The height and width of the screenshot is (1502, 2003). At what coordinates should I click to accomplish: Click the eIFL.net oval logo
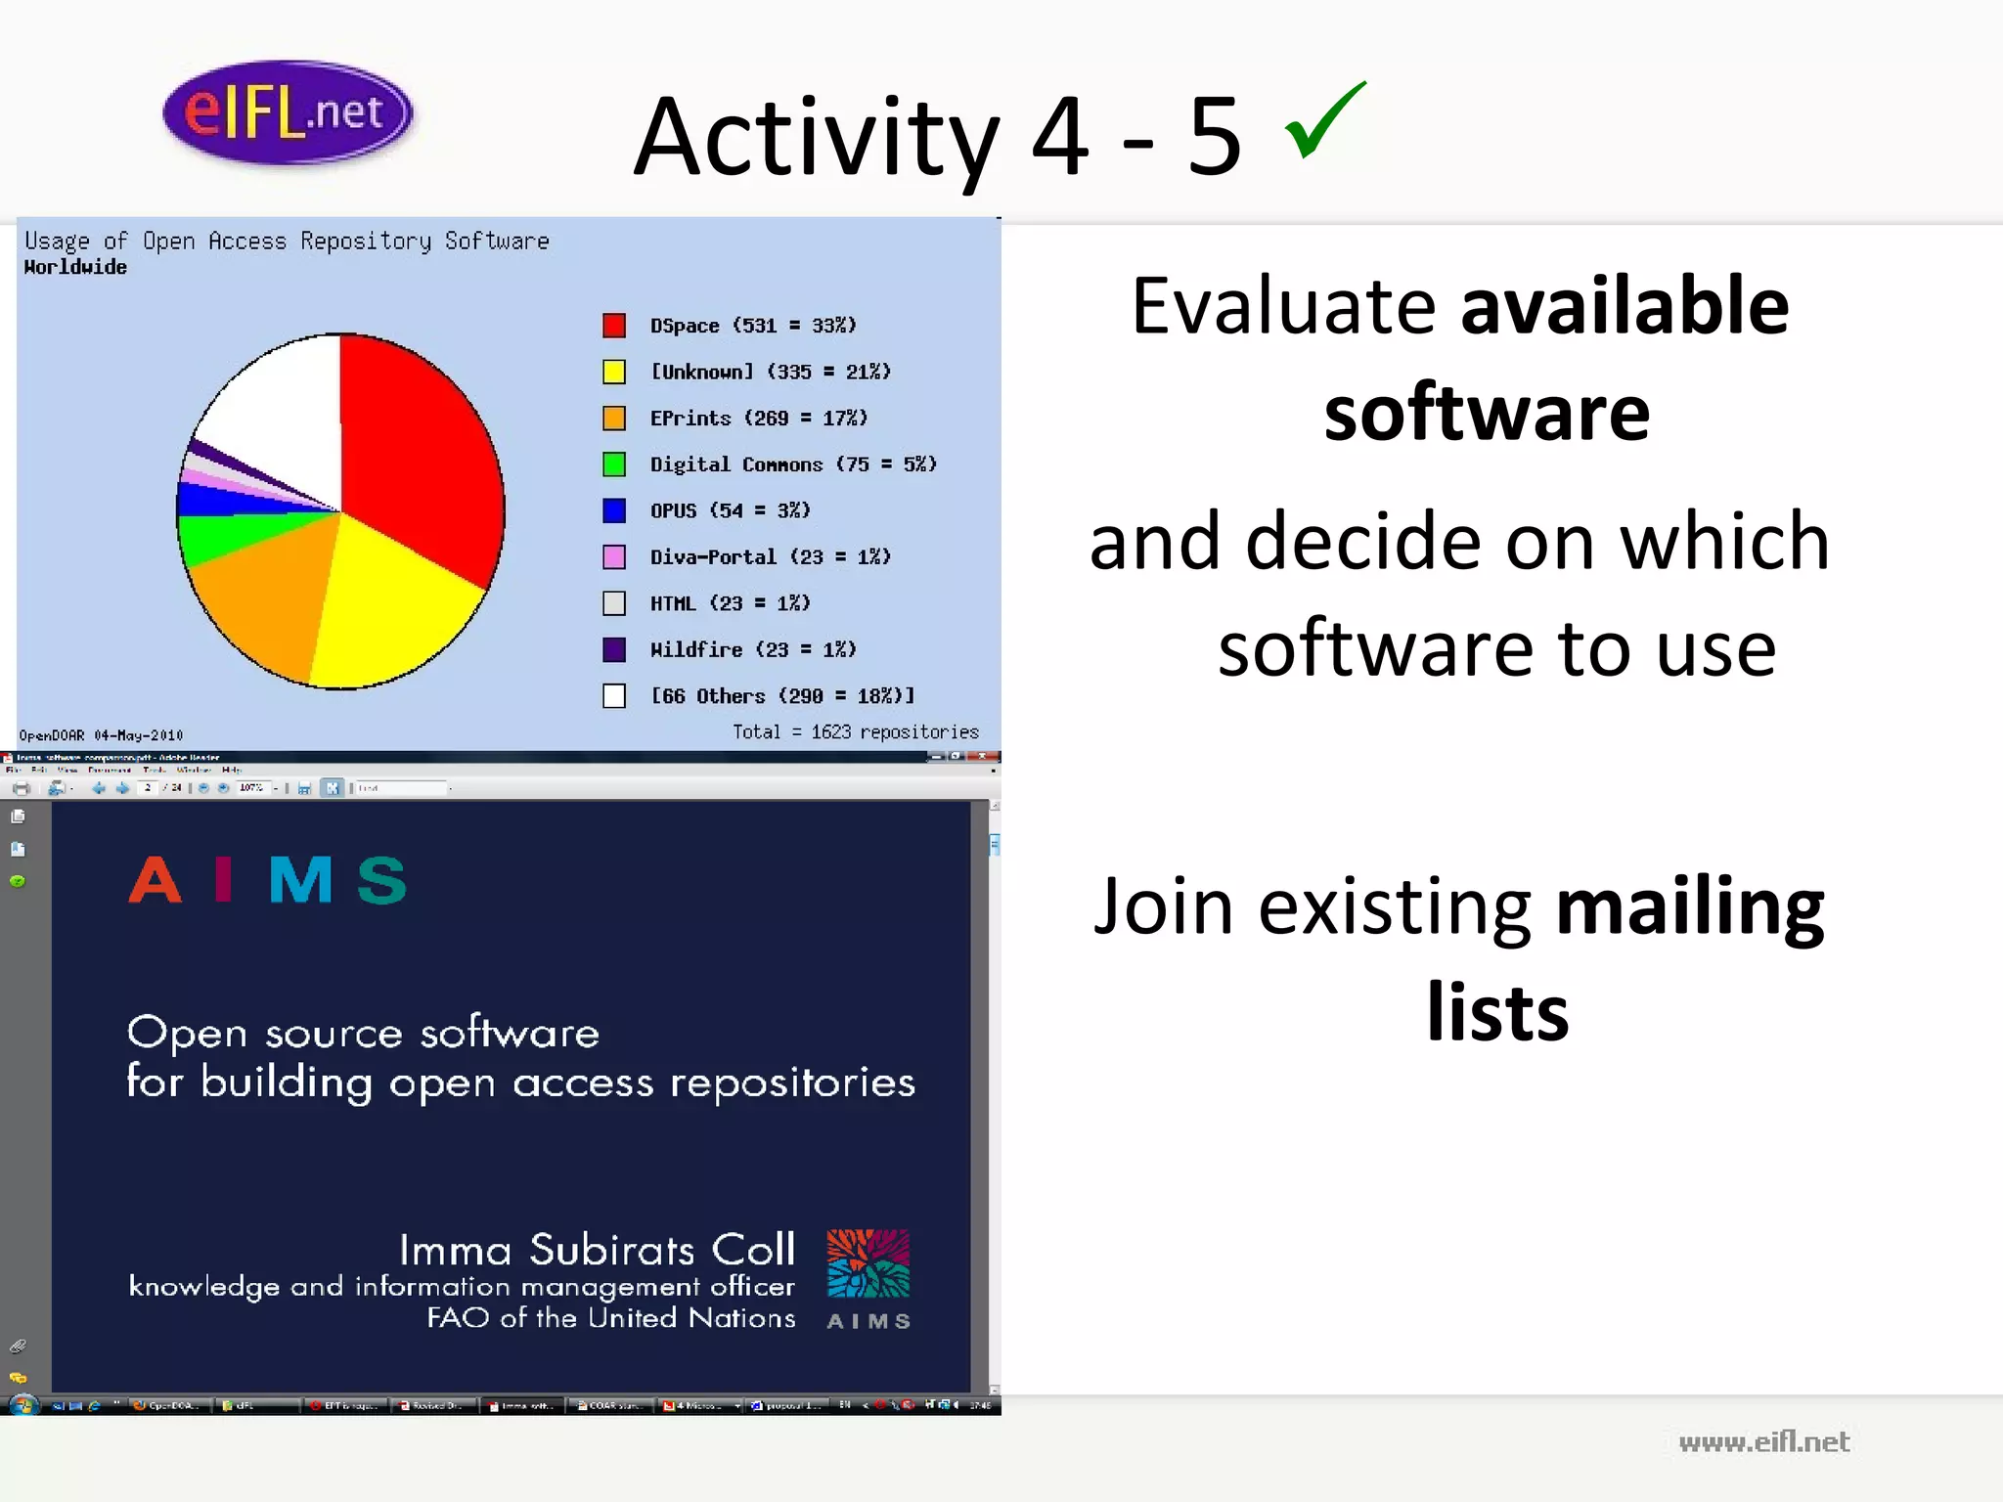tap(288, 112)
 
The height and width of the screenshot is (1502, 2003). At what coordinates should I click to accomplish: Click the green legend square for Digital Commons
tap(614, 464)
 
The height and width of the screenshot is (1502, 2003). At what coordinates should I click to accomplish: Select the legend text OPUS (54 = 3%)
tap(730, 510)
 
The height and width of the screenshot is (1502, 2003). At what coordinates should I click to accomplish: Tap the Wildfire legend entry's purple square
tap(614, 649)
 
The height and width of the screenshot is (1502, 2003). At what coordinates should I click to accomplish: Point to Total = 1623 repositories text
tap(855, 731)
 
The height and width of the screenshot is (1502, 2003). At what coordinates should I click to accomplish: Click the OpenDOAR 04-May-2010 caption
tap(101, 735)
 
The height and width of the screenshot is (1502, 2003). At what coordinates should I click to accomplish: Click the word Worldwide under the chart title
tap(75, 267)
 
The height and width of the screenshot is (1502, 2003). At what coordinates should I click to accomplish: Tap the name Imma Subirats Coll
tap(597, 1250)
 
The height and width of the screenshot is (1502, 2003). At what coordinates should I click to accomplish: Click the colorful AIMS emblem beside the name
tap(868, 1263)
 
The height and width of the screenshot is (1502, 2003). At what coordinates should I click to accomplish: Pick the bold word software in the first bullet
tap(1487, 413)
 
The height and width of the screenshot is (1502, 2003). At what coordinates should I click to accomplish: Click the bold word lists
tap(1497, 1012)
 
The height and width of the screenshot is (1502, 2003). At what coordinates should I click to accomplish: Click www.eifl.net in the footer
tap(1763, 1441)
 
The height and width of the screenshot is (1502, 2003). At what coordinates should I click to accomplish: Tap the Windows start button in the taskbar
tap(22, 1405)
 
